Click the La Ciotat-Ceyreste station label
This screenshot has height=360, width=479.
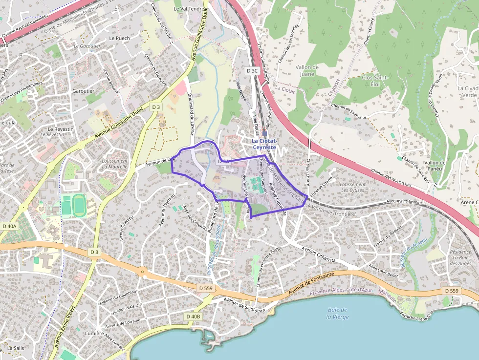tap(264, 144)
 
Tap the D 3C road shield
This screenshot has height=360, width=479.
tap(252, 71)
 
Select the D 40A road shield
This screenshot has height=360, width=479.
tap(9, 226)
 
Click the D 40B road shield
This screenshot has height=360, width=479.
tap(193, 317)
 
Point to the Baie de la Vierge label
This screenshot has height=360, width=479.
tap(338, 313)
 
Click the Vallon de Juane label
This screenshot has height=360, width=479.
tap(307, 70)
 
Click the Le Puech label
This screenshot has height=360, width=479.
tap(119, 38)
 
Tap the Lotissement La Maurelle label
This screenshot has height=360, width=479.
tap(115, 164)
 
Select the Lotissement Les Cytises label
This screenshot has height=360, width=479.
tap(353, 187)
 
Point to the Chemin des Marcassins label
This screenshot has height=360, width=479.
tap(391, 178)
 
